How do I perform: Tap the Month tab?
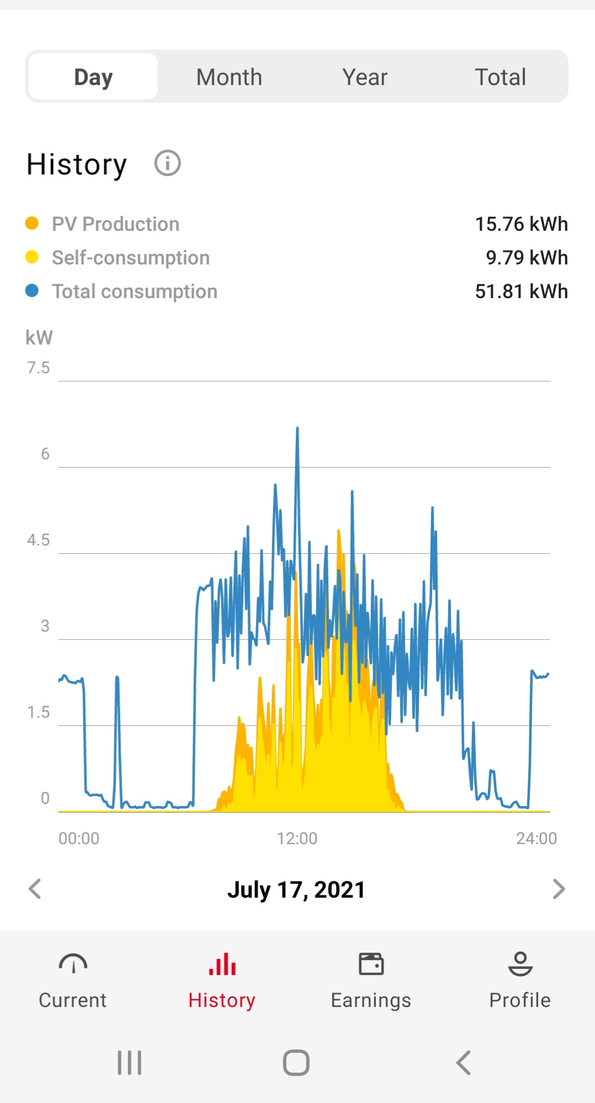[x=229, y=77]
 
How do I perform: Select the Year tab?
[x=364, y=77]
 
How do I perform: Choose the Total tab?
[x=500, y=77]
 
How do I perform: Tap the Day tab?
[x=93, y=77]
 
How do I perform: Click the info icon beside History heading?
[x=167, y=163]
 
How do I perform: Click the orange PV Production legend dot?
[x=32, y=224]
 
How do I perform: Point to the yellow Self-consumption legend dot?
[x=32, y=257]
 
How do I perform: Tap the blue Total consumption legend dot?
[x=32, y=291]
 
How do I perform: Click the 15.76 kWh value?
[x=521, y=224]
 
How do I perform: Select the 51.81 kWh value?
[x=521, y=291]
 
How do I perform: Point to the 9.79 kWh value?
[x=527, y=258]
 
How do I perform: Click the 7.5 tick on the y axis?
[x=38, y=368]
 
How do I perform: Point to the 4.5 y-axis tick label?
[x=38, y=540]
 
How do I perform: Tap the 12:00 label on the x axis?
[x=297, y=839]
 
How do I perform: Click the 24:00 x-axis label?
[x=536, y=839]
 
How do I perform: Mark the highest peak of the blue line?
[x=297, y=428]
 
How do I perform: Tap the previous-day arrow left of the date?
[x=35, y=889]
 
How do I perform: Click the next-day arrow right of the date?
[x=559, y=889]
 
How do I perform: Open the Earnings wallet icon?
[x=371, y=964]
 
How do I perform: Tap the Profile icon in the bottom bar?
[x=520, y=964]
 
